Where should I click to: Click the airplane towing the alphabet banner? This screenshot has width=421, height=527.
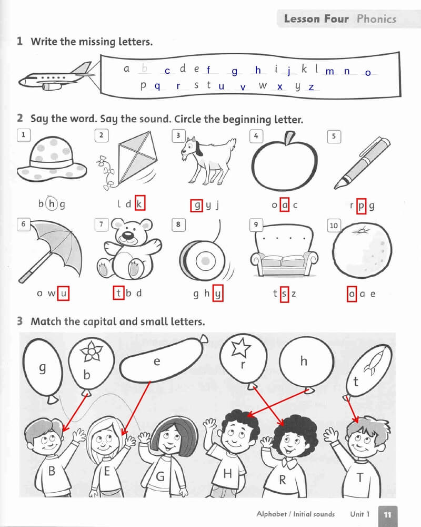coord(55,77)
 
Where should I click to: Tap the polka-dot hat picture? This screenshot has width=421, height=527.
coord(52,159)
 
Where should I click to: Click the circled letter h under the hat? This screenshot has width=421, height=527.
coord(52,203)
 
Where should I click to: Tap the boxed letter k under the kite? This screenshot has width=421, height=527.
coord(139,203)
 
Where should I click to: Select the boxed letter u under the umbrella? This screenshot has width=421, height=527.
coord(63,293)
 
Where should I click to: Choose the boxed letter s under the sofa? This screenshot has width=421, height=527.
coord(284,294)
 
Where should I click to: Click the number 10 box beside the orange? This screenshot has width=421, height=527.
coord(334,225)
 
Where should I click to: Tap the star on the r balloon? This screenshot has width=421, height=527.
coord(241,347)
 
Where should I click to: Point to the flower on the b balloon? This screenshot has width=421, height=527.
coord(91,350)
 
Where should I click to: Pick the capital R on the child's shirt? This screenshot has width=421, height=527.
coord(283,480)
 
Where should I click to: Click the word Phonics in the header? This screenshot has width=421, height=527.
coord(376,19)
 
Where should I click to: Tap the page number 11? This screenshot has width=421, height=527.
coord(387,514)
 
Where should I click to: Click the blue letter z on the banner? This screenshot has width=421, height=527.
coord(311,87)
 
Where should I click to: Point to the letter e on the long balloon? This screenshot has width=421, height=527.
coord(157,362)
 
